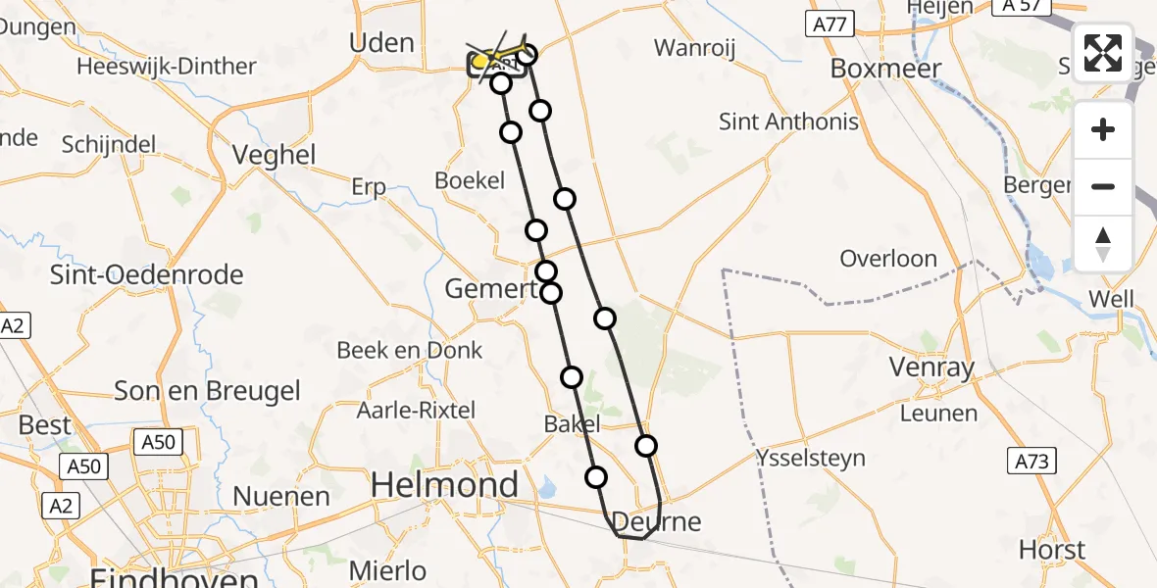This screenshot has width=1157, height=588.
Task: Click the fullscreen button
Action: click(x=1103, y=53)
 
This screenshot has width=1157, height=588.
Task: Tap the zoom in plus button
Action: click(x=1103, y=129)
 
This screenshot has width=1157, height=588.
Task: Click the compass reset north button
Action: click(x=1103, y=244)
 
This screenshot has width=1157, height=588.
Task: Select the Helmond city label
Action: click(x=445, y=484)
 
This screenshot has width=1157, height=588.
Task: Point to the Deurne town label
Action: click(x=657, y=520)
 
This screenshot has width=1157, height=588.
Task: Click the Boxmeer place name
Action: click(x=885, y=68)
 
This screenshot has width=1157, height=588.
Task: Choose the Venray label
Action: click(x=931, y=367)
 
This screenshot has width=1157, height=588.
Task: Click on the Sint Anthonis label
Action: click(x=788, y=122)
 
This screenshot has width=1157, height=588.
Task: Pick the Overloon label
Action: click(x=888, y=259)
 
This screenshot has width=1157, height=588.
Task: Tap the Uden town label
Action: click(x=380, y=42)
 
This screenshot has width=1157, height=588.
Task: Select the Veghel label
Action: click(x=275, y=155)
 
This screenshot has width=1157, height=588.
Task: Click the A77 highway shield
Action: click(x=830, y=24)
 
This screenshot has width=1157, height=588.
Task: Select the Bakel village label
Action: click(x=571, y=423)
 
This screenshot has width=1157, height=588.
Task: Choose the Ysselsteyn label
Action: click(x=810, y=457)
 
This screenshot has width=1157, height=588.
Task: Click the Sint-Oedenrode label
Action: click(x=147, y=274)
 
